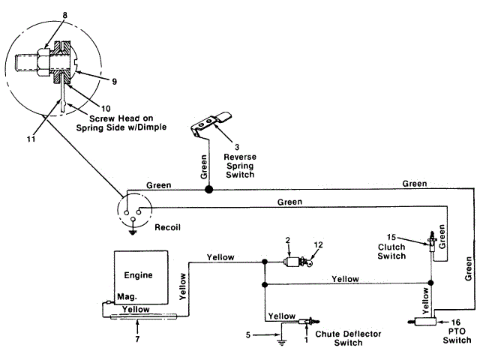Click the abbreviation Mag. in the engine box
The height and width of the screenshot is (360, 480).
(127, 296)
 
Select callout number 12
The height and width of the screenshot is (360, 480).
(318, 244)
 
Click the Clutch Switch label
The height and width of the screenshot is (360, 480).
(391, 250)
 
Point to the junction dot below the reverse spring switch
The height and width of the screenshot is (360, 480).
(209, 190)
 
